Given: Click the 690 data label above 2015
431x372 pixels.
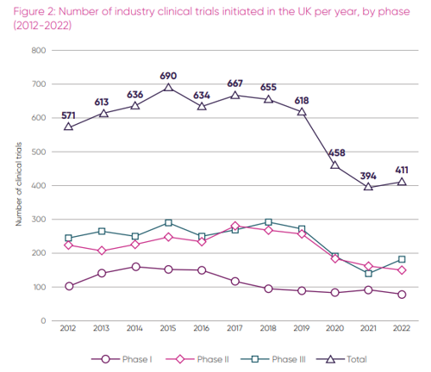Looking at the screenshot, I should [168, 76].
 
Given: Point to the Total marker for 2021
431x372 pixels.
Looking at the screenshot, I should [369, 187].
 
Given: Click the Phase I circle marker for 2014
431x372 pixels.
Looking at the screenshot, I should [135, 267].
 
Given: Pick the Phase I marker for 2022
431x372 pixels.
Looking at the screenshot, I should [402, 294].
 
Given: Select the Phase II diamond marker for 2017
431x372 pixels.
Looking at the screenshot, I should [235, 226].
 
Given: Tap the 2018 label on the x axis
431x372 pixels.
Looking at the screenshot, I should [269, 329].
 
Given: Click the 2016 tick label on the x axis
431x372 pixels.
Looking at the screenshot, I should [202, 329].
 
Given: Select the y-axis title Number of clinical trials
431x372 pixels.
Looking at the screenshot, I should [18, 185].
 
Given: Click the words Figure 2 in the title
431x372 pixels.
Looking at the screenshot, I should [32, 9].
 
